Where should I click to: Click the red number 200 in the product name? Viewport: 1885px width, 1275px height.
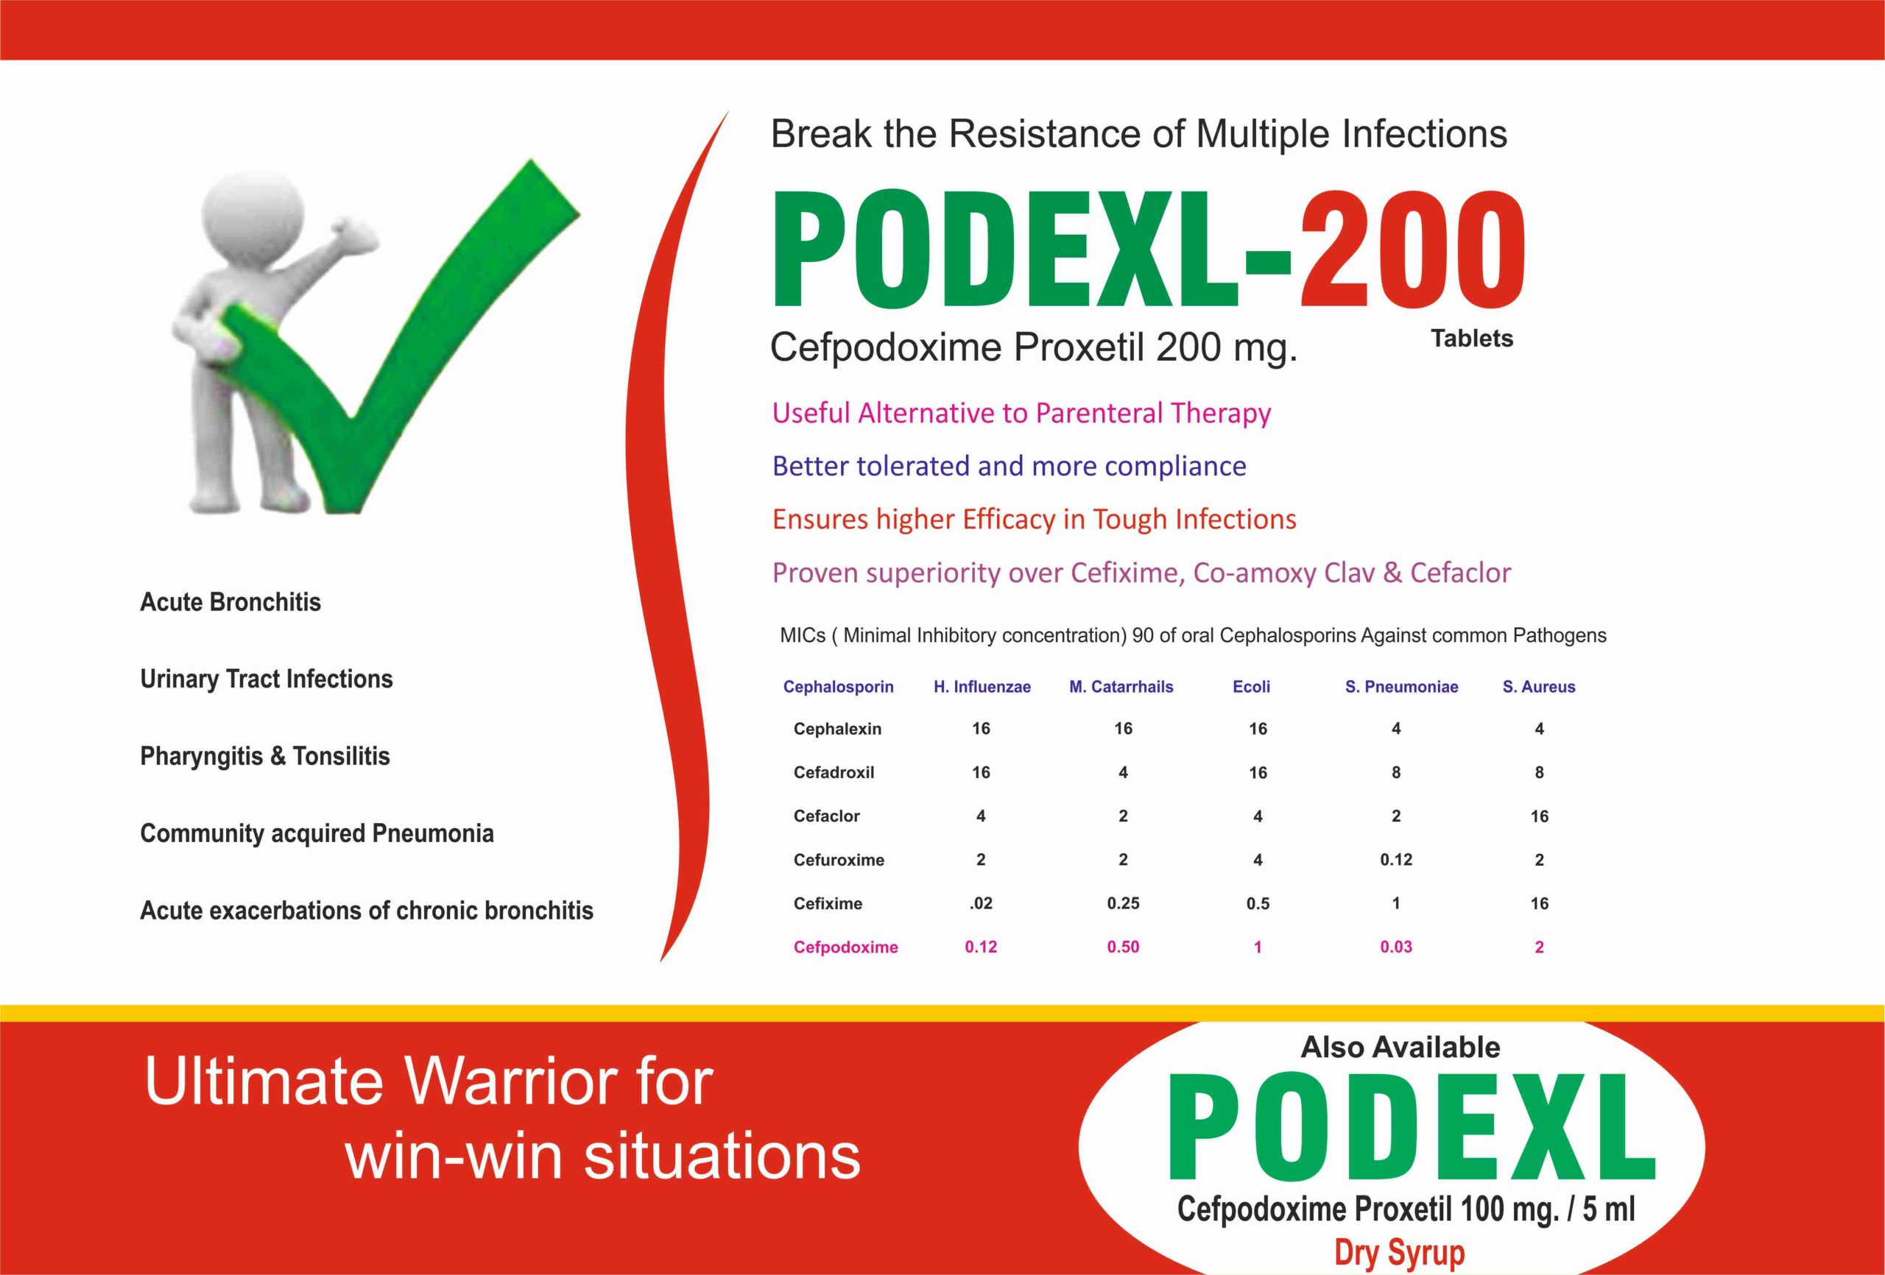coord(1414,249)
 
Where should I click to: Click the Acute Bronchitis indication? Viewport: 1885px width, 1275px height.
coord(230,602)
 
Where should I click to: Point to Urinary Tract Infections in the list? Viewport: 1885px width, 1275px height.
coord(266,679)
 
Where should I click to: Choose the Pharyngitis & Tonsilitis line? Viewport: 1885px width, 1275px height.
coord(265,757)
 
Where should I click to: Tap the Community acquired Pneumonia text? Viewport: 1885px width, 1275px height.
coord(317,834)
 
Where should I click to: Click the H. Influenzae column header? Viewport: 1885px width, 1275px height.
coord(982,687)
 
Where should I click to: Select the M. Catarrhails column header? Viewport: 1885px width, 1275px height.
coord(1121,687)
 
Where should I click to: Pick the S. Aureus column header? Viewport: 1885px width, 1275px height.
coord(1539,687)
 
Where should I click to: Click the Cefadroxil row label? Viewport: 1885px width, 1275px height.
coord(834,772)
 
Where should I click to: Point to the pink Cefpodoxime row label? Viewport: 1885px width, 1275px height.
coord(845,947)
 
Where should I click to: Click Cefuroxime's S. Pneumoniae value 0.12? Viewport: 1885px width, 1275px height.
coord(1396,860)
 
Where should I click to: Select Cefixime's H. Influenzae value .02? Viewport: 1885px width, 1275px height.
coord(981,903)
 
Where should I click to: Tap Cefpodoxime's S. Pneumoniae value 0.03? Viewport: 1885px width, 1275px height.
coord(1396,947)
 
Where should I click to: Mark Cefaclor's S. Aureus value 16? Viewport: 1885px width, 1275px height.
coord(1540,816)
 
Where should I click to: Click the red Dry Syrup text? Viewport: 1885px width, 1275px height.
coord(1400,1253)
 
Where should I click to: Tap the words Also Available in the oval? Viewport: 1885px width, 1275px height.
coord(1400,1047)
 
